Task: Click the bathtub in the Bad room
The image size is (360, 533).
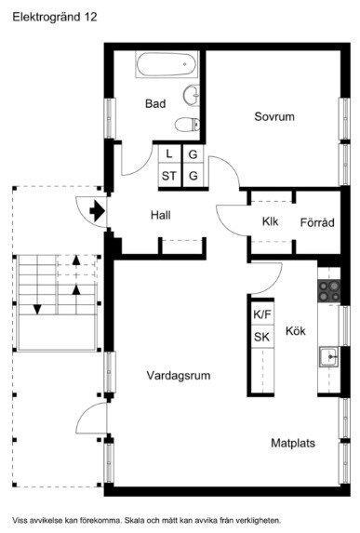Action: tap(167, 64)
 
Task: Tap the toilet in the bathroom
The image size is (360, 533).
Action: tap(187, 124)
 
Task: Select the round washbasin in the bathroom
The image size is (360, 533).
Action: tap(192, 95)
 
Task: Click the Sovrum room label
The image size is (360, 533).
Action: tap(274, 116)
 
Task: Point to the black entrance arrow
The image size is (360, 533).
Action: tap(98, 211)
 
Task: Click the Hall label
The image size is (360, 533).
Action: tap(161, 215)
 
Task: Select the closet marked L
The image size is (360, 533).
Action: tap(170, 154)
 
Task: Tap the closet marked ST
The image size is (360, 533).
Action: tap(170, 176)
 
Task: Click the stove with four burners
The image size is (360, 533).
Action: tap(328, 290)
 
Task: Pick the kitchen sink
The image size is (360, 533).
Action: tap(328, 356)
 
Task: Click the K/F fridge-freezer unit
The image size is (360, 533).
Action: tap(262, 313)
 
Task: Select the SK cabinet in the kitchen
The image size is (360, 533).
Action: tap(262, 337)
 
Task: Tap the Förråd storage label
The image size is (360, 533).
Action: tap(317, 222)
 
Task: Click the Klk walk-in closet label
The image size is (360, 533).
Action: tap(271, 221)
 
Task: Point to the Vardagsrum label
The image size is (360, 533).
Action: tap(179, 376)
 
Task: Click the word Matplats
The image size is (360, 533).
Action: tap(293, 443)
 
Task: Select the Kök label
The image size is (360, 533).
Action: tap(296, 330)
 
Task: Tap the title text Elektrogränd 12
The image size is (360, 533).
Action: tap(55, 17)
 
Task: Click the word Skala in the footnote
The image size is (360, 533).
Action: tap(135, 520)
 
